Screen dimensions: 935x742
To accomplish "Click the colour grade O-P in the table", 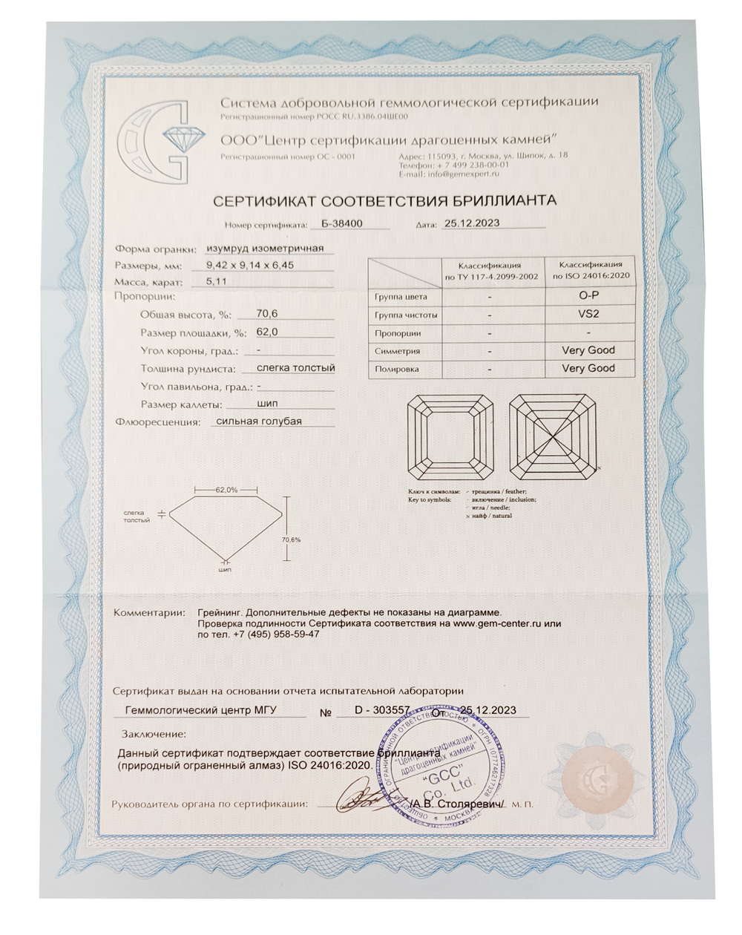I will [x=588, y=296].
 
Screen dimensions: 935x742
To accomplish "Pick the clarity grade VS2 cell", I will [x=588, y=314].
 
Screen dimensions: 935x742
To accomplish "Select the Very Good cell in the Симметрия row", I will [x=588, y=350].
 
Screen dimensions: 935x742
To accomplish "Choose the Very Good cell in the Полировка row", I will [x=588, y=368].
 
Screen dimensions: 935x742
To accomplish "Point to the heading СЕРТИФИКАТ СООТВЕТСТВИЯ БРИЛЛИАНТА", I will [x=384, y=200].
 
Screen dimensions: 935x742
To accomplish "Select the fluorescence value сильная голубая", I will [x=256, y=421].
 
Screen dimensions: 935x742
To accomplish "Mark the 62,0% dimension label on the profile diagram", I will [x=226, y=490].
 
